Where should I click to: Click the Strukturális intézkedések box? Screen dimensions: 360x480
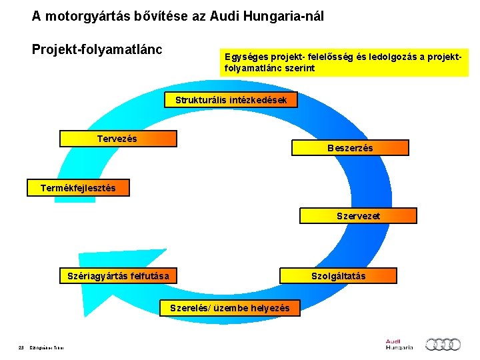pos(231,100)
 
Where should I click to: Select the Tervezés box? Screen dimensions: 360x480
pos(118,139)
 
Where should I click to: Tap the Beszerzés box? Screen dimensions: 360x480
pos(350,147)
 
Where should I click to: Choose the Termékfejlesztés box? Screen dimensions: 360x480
pos(78,188)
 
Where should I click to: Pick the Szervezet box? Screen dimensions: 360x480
pos(358,216)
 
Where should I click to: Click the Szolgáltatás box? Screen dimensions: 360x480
pos(338,275)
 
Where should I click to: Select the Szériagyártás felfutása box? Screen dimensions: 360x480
pos(119,275)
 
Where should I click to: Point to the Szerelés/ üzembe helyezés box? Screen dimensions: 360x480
pos(230,308)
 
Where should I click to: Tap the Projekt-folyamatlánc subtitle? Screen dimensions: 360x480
pos(97,50)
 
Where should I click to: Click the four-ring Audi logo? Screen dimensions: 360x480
pos(443,344)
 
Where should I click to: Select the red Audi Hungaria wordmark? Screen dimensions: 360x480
pos(399,344)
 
